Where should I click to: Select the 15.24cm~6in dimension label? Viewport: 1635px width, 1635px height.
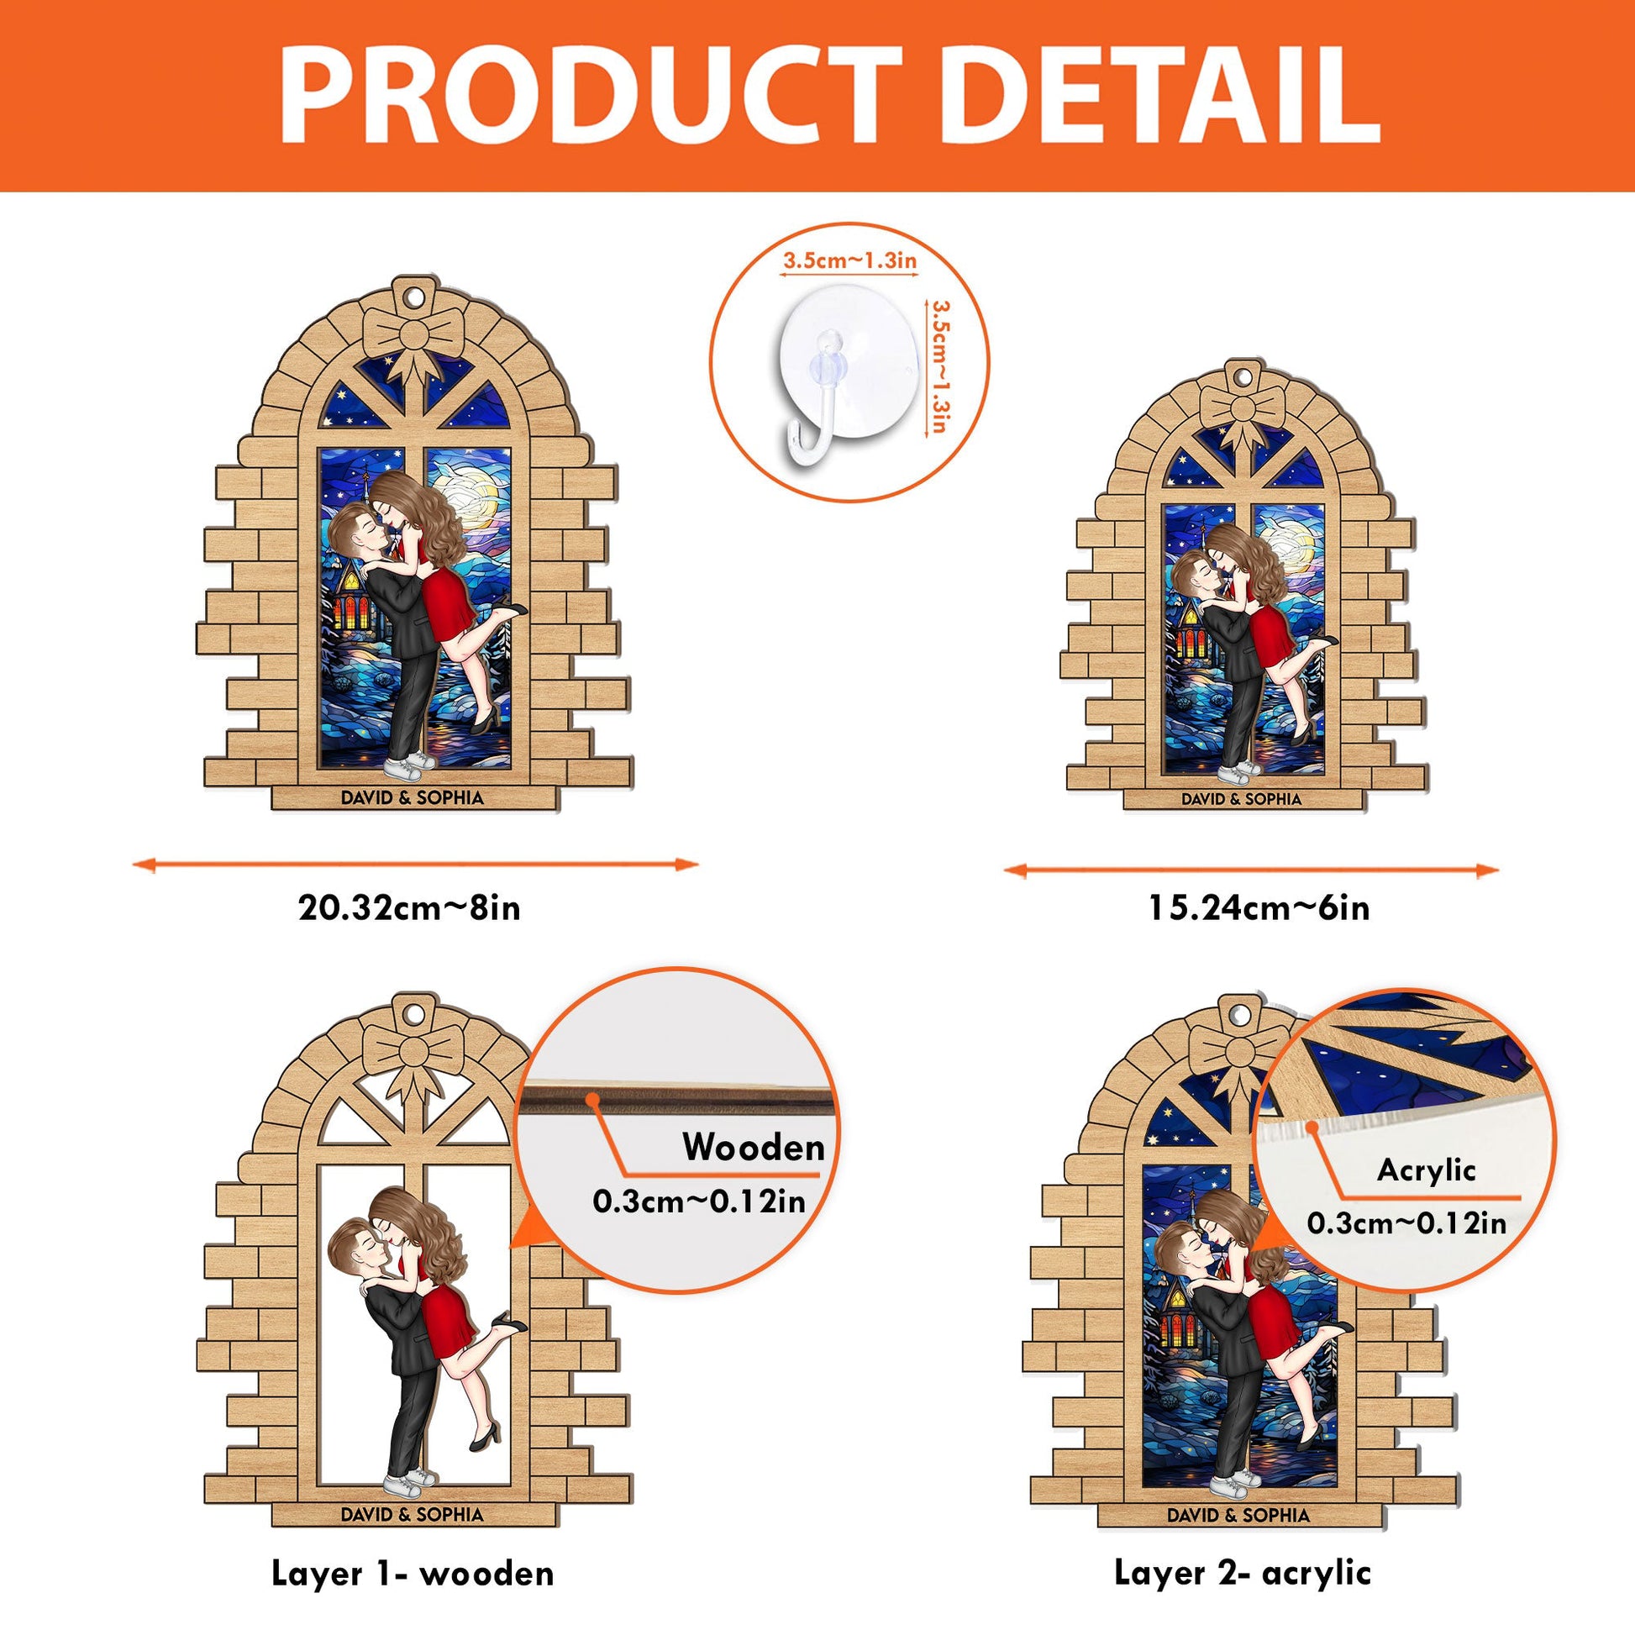pos(1259,908)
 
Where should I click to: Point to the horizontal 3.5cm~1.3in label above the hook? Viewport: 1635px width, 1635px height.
pos(849,260)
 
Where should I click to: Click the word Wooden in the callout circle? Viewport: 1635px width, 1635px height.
pos(753,1148)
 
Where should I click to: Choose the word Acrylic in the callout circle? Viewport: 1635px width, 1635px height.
pos(1426,1170)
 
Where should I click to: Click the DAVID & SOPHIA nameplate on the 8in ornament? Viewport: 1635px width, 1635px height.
pos(413,797)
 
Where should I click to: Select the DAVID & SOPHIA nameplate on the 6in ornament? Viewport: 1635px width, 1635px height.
pos(1242,798)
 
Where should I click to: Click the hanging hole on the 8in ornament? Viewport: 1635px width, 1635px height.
pos(413,299)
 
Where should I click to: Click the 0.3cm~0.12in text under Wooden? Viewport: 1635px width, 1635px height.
pos(699,1201)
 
